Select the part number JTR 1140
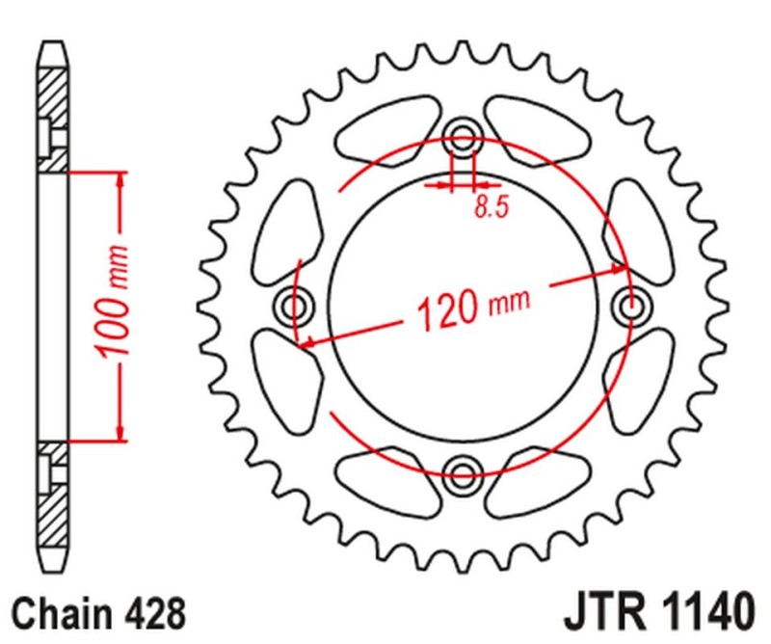[654, 612]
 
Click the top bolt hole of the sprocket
[464, 139]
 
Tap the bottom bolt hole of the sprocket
[464, 472]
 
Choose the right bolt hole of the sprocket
[632, 307]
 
